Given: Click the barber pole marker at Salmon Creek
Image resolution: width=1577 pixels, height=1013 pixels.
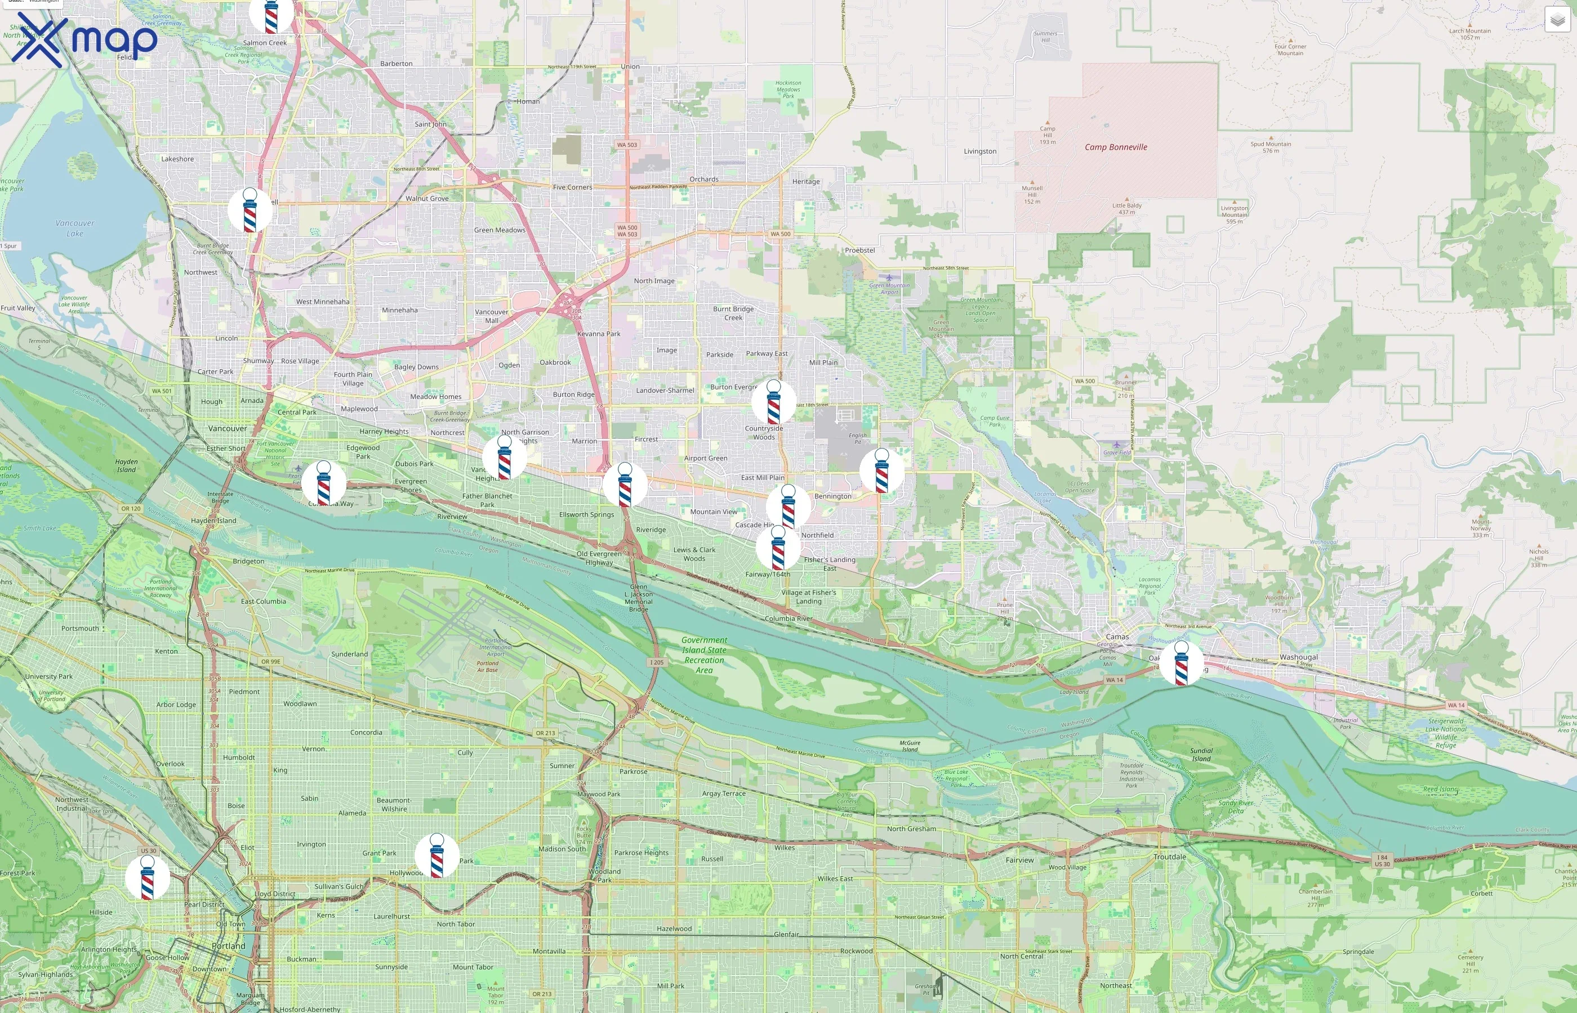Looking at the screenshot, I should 270,16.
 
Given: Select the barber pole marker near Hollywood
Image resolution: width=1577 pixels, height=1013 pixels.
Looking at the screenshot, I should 436,856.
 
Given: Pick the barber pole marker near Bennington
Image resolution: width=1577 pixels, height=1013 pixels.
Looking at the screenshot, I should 881,471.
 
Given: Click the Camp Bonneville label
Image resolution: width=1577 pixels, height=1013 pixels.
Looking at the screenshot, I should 1116,147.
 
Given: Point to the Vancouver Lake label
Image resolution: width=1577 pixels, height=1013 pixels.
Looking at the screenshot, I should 74,228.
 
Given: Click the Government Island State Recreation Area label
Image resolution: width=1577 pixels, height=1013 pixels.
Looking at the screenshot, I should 703,655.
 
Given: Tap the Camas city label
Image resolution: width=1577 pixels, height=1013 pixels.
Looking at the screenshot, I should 1117,637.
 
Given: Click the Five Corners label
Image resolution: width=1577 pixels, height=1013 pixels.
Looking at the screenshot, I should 572,187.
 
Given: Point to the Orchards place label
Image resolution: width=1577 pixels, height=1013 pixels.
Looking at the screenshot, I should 703,179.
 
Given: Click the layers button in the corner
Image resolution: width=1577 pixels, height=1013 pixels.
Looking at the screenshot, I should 1557,20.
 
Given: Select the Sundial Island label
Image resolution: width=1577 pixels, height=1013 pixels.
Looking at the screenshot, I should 1201,755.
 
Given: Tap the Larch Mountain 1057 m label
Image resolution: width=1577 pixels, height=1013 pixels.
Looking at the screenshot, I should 1470,34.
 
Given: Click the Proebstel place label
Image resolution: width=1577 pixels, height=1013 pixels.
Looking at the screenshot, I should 859,250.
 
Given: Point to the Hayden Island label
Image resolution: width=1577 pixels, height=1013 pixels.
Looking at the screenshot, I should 126,466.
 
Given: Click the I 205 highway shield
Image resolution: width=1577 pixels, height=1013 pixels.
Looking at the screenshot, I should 656,662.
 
